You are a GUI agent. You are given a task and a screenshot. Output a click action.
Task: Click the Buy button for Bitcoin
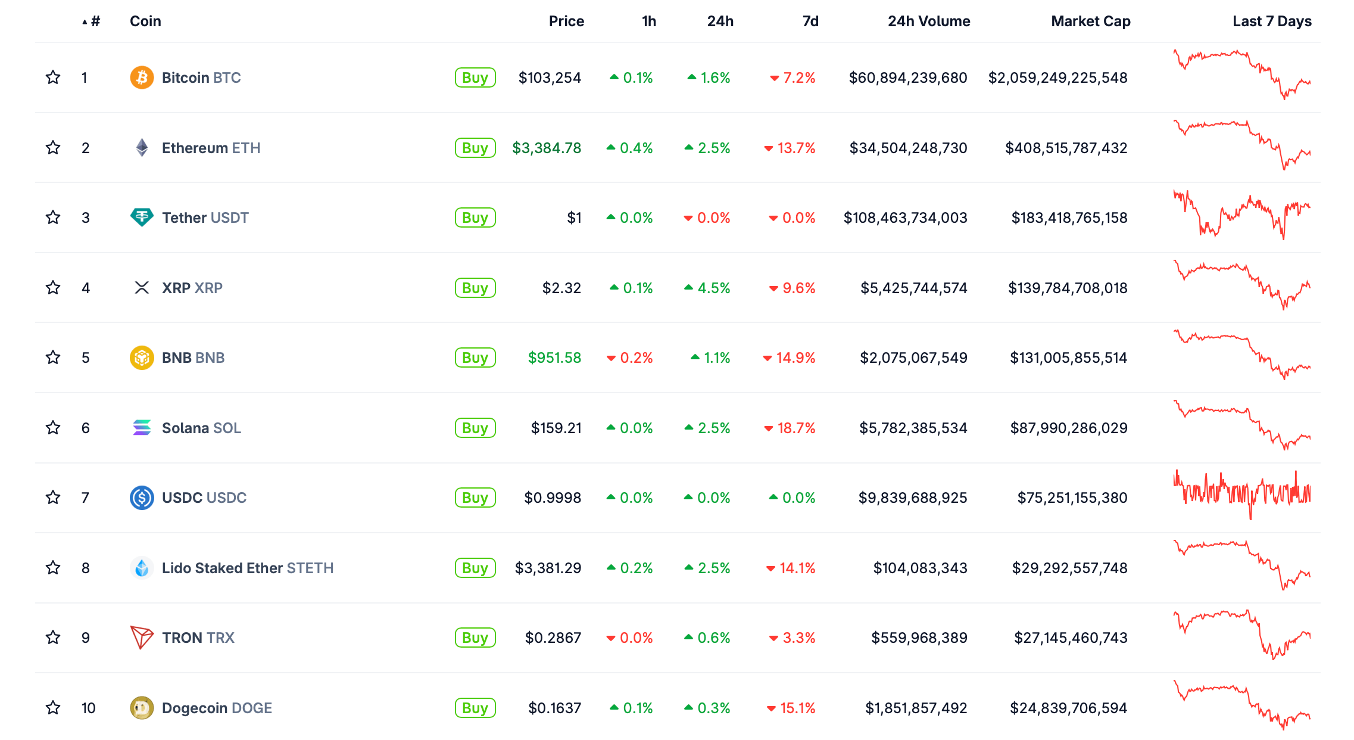tap(475, 77)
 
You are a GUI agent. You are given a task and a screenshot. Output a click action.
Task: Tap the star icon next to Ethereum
tap(53, 148)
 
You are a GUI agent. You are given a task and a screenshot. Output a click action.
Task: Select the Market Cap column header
tap(1090, 21)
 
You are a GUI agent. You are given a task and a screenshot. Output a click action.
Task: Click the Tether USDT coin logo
tap(142, 217)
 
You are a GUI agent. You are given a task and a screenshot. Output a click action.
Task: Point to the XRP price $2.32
tap(561, 288)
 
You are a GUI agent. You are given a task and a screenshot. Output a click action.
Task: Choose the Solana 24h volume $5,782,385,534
tap(913, 428)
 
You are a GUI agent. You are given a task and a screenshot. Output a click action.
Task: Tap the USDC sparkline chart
tap(1241, 495)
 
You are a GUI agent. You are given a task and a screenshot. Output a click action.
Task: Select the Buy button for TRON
tap(475, 638)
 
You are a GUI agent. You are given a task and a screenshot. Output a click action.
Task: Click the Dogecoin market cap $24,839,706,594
tap(1068, 708)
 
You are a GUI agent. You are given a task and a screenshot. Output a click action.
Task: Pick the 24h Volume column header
tap(928, 21)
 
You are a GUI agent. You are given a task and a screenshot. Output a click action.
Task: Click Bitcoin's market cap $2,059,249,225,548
tap(1057, 77)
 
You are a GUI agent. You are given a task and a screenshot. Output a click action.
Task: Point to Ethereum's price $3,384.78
tap(546, 148)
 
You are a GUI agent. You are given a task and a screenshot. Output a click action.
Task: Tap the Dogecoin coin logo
tap(142, 708)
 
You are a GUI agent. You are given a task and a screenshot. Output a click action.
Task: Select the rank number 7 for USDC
tap(85, 498)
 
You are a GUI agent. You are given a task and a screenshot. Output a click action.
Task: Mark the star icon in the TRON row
tap(53, 638)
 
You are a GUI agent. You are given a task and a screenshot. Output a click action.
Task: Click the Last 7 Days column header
tap(1271, 21)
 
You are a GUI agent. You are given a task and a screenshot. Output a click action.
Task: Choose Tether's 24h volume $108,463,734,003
tap(905, 217)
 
